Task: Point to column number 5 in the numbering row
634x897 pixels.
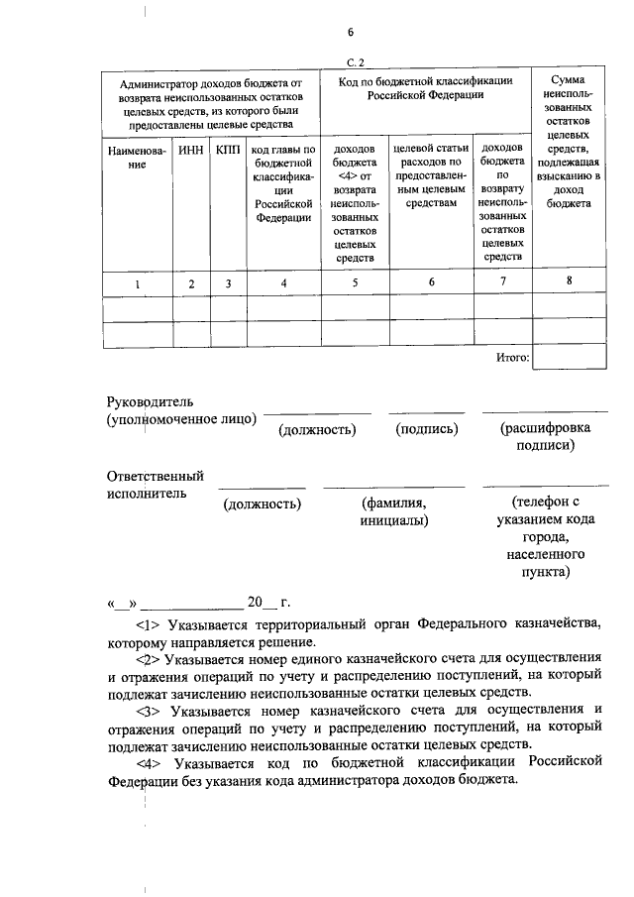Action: tap(355, 283)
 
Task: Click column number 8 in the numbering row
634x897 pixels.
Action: tap(569, 281)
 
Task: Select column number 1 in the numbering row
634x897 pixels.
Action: tap(138, 284)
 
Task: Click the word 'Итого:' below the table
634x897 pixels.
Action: tap(512, 357)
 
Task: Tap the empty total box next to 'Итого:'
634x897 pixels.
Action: tap(569, 357)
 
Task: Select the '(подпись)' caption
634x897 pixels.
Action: tap(426, 429)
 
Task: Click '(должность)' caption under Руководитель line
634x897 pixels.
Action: tap(317, 429)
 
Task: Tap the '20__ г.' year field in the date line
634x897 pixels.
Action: tap(267, 602)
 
